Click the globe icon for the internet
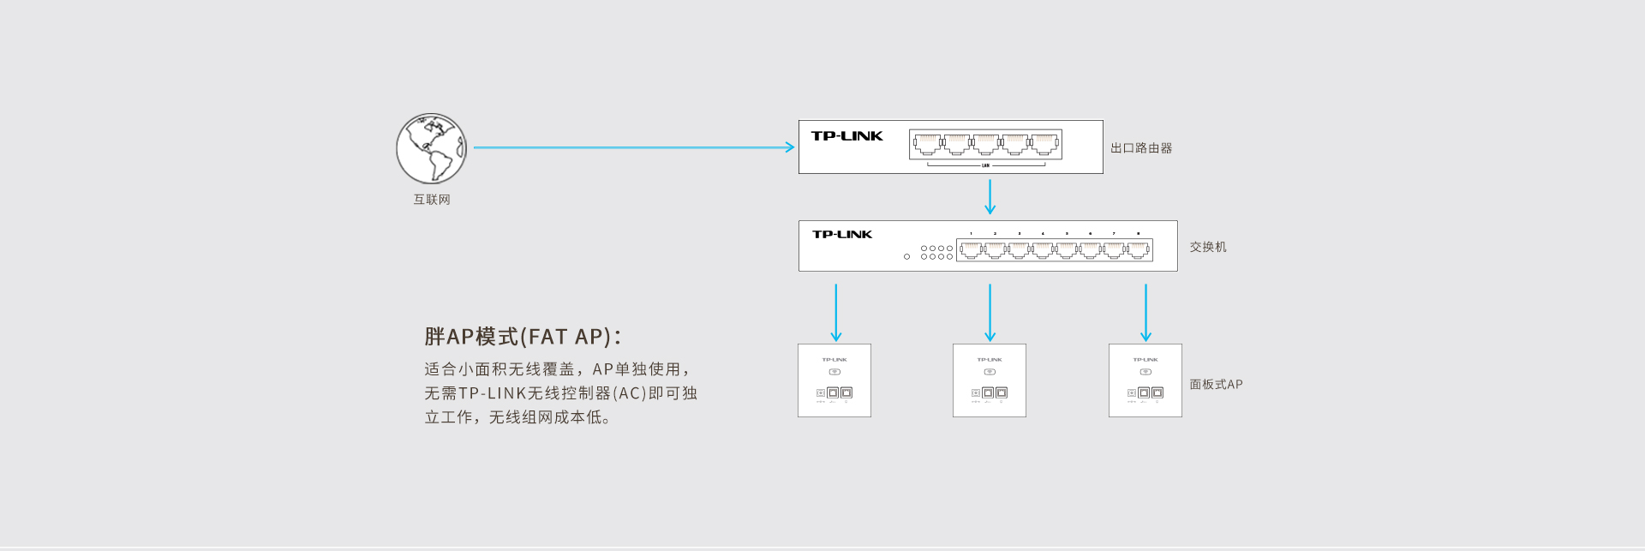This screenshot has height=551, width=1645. tap(431, 148)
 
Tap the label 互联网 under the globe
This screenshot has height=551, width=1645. tap(432, 200)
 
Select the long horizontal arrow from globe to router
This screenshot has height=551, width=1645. tap(634, 147)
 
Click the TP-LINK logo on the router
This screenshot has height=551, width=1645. tap(846, 136)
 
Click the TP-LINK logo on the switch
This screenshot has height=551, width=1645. tap(842, 235)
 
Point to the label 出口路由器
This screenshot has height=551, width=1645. tap(1141, 148)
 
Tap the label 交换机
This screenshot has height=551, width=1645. tap(1208, 247)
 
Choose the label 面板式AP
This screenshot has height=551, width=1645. tap(1216, 385)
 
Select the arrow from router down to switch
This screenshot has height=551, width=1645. tap(990, 196)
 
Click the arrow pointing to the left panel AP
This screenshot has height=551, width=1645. tap(836, 313)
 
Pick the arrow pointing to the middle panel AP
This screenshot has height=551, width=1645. tap(990, 313)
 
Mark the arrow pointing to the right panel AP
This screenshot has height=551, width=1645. tap(1146, 313)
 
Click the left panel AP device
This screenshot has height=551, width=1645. tap(834, 380)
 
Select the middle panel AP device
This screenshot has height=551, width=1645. tap(990, 380)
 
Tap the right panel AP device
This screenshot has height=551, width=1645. tap(1146, 380)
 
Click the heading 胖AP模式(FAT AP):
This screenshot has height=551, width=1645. tap(523, 337)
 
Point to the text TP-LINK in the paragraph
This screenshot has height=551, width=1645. tap(492, 393)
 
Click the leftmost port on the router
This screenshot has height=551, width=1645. tap(927, 144)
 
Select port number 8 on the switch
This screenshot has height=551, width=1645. tap(1138, 249)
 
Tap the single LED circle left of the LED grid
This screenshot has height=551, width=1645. tap(906, 256)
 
